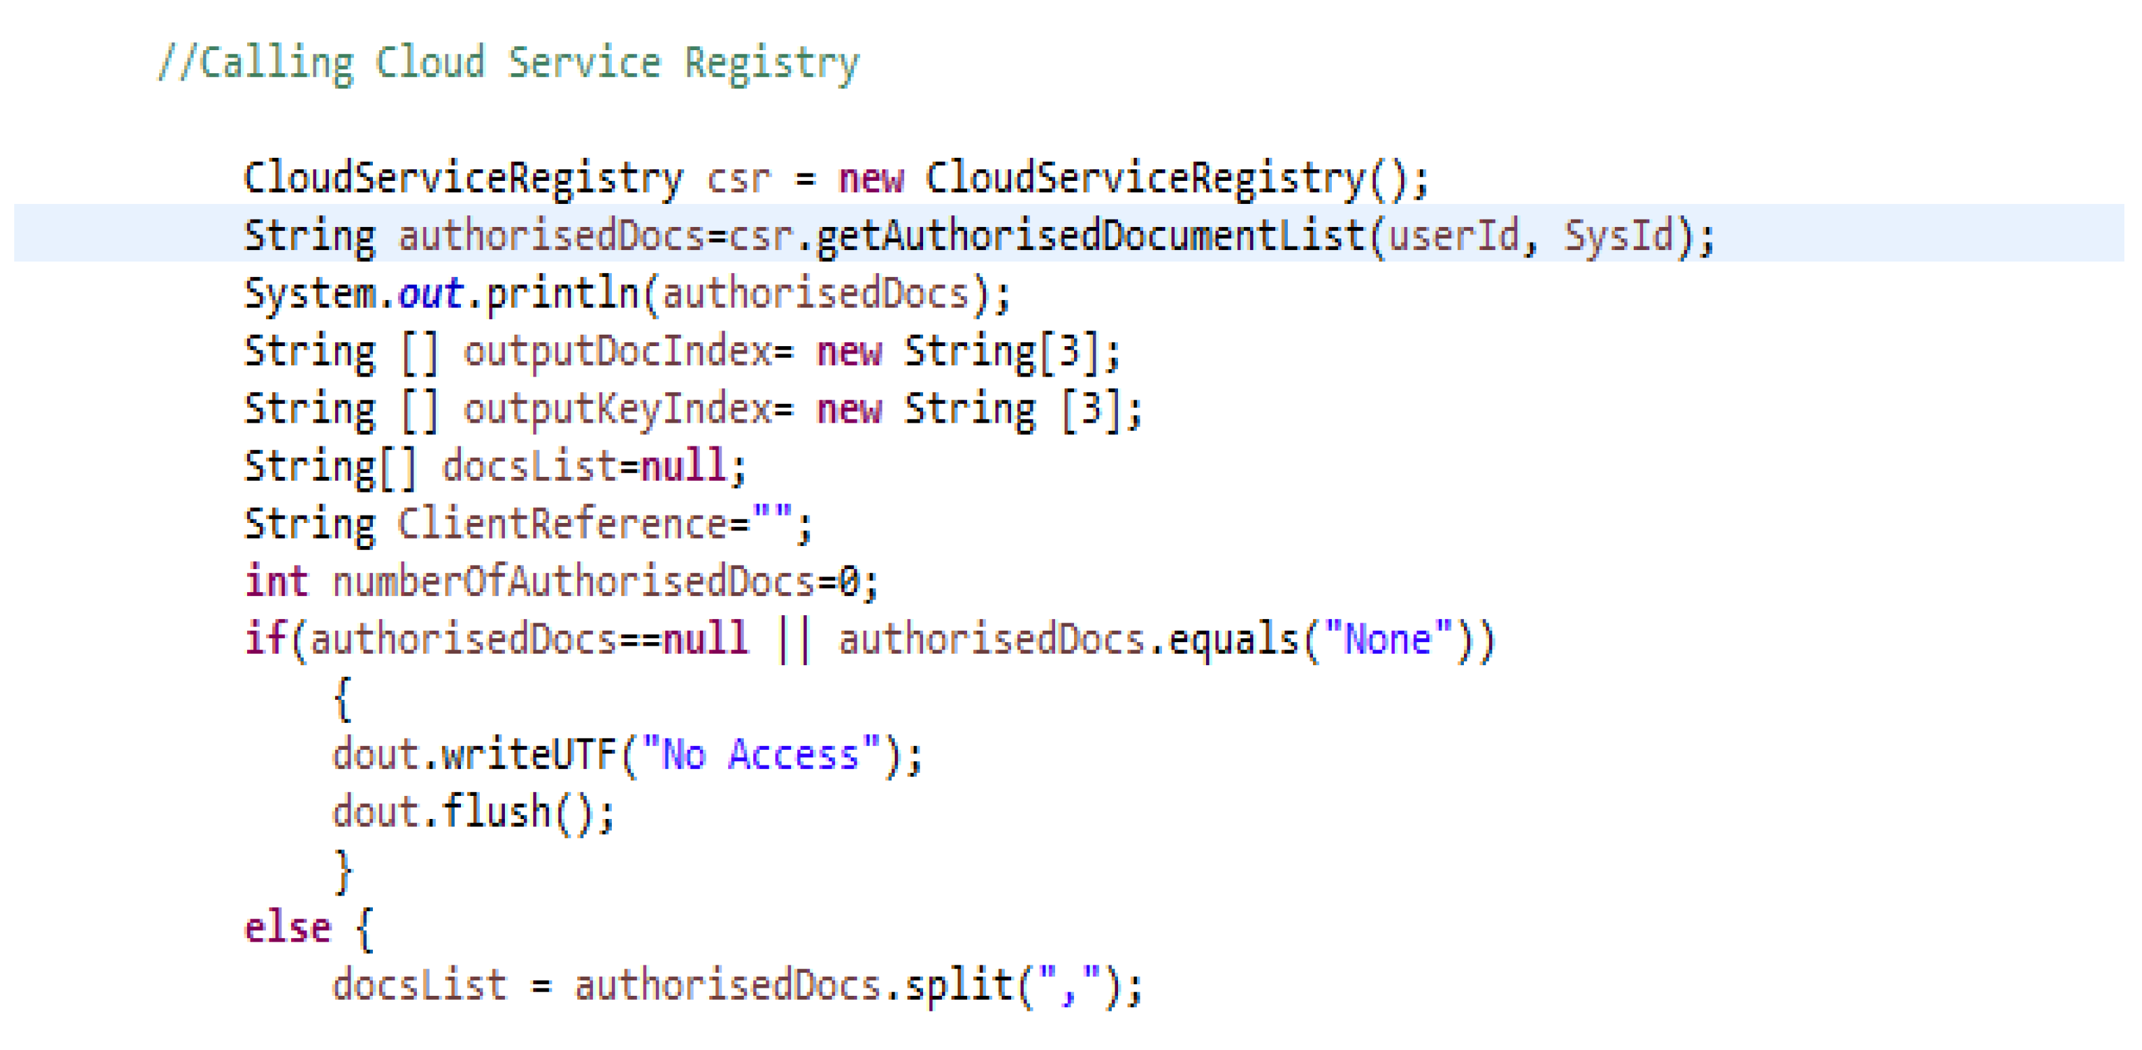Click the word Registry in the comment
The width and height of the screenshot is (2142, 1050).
(771, 63)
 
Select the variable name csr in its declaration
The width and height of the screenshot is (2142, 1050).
(738, 179)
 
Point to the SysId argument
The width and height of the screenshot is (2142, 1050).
(1618, 236)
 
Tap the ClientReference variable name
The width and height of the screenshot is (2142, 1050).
(562, 524)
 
